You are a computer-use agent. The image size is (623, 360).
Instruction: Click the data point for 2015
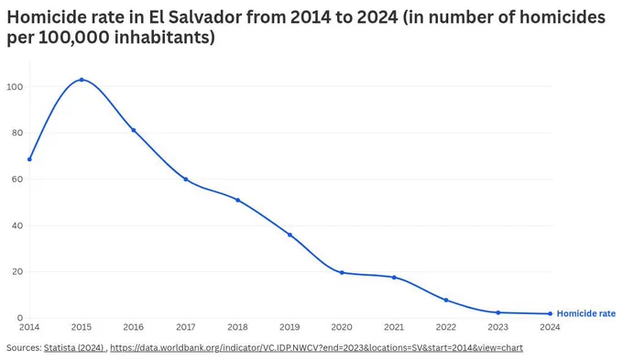82,80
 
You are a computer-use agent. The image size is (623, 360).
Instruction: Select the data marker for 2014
29,159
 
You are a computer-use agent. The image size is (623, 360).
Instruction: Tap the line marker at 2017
186,180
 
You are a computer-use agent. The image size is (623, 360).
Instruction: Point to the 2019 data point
290,235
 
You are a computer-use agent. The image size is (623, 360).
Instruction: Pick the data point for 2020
342,273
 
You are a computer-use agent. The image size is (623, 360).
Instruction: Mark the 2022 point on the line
446,300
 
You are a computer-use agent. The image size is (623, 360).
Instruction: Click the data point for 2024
551,313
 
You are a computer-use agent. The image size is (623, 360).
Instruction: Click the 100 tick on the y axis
15,87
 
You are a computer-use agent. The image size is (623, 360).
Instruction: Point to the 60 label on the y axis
17,180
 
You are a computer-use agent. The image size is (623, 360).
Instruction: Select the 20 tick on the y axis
17,272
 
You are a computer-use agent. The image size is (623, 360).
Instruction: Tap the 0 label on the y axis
20,318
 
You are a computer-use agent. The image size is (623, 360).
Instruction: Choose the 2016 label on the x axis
134,327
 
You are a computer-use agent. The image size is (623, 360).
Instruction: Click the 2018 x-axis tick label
237,327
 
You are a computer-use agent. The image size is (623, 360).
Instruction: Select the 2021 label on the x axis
394,327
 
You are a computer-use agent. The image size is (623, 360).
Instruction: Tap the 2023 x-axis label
497,327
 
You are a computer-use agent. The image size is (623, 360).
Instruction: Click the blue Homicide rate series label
586,313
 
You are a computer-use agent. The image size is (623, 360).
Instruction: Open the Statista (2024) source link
74,348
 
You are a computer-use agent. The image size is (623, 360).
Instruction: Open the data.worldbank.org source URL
316,348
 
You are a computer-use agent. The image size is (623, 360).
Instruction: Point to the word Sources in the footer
24,348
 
